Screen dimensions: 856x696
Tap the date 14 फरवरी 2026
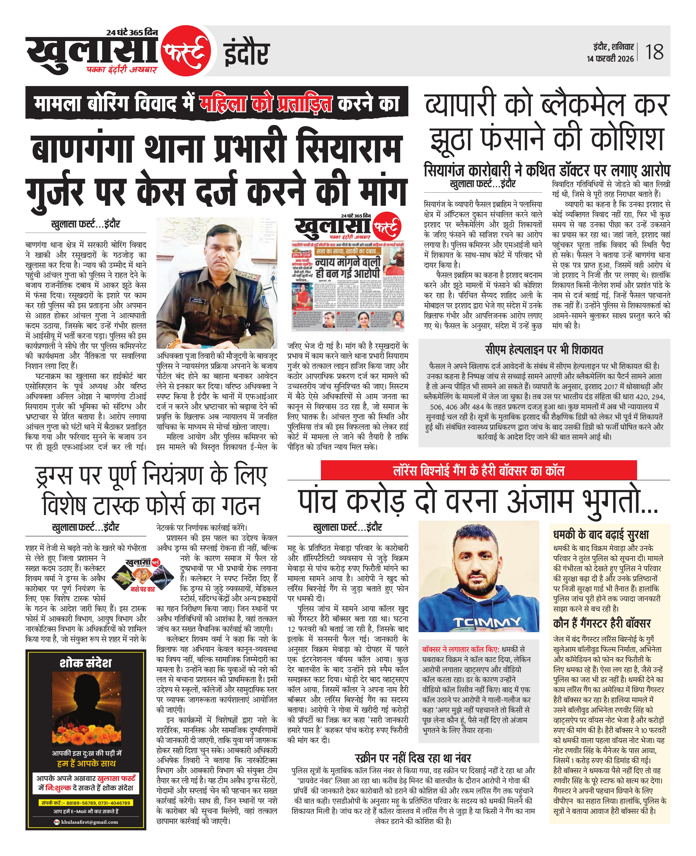click(610, 59)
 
